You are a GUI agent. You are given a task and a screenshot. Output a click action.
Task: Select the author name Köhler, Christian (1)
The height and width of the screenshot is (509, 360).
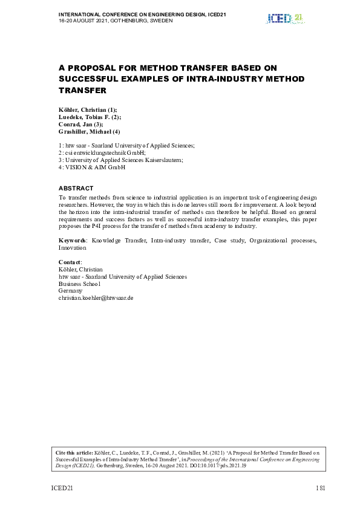[83, 109]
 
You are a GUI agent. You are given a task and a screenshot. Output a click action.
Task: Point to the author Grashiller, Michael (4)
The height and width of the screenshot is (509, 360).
[89, 131]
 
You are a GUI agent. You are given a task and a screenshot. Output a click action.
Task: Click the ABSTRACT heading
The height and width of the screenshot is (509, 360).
[76, 189]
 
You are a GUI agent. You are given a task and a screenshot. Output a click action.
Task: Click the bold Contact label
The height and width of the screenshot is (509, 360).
[69, 262]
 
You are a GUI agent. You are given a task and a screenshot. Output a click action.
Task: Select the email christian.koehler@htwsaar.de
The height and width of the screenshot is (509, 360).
[96, 298]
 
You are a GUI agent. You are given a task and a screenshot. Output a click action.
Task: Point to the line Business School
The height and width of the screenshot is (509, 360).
[79, 284]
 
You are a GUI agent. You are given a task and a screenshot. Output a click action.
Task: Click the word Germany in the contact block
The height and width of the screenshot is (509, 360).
[70, 291]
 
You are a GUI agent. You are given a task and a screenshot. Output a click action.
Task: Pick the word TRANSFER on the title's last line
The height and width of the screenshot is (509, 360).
[82, 90]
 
